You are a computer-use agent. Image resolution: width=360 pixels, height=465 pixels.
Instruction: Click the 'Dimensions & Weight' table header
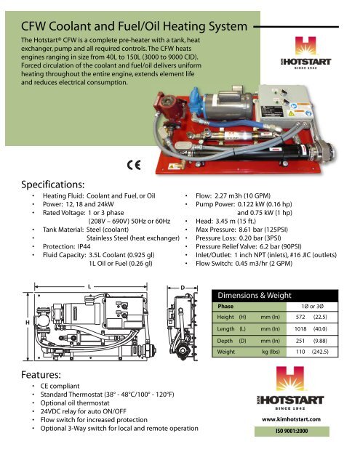pyautogui.click(x=257, y=294)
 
